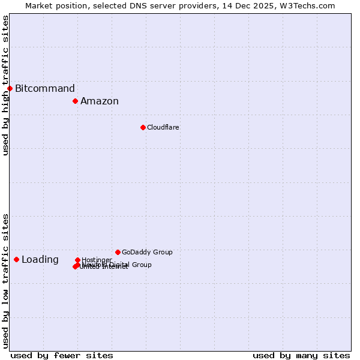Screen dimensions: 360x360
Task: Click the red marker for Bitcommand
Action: pyautogui.click(x=10, y=89)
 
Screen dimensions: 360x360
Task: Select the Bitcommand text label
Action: pyautogui.click(x=45, y=89)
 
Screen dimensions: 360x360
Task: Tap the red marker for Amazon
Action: pyautogui.click(x=76, y=101)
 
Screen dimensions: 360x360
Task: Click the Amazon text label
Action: pyautogui.click(x=100, y=101)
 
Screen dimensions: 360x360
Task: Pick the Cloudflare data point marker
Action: pyautogui.click(x=143, y=127)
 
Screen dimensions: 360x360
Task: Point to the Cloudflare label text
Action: pyautogui.click(x=163, y=127)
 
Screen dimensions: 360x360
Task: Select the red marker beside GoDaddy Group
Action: pyautogui.click(x=118, y=252)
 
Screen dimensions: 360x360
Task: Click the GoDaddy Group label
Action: pyautogui.click(x=147, y=252)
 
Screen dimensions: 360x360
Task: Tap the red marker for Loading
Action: pyautogui.click(x=16, y=259)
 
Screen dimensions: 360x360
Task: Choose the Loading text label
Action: pyautogui.click(x=40, y=260)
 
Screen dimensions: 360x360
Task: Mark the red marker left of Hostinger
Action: pyautogui.click(x=77, y=260)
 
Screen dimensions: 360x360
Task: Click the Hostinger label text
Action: pyautogui.click(x=97, y=260)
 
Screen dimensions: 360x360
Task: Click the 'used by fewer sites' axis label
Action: pyautogui.click(x=62, y=355)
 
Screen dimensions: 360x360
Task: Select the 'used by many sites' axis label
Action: pyautogui.click(x=301, y=355)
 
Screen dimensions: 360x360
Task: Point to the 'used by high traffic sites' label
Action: pyautogui.click(x=5, y=85)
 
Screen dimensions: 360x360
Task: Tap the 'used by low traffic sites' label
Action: pyautogui.click(x=5, y=281)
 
